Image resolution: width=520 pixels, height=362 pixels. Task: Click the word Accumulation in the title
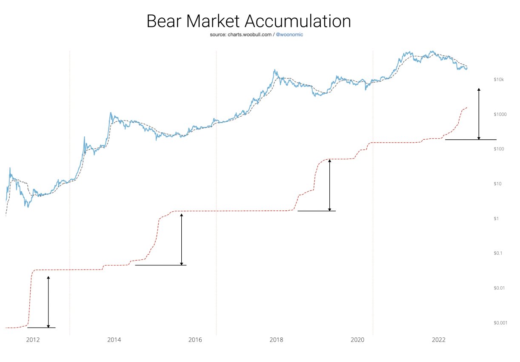pos(302,21)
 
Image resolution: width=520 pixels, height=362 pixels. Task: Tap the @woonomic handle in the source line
pos(289,34)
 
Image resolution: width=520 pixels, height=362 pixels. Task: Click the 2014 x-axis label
pos(114,339)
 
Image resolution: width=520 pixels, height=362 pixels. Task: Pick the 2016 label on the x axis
pos(195,339)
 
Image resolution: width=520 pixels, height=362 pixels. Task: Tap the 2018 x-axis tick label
pos(277,339)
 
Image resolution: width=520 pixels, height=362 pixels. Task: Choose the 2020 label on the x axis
pos(358,339)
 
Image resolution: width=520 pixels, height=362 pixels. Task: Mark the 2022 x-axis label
pos(439,339)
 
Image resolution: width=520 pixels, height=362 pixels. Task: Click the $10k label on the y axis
pos(499,80)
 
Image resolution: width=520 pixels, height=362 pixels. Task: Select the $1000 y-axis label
pos(500,115)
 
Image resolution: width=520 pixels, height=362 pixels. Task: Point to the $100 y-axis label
pos(499,149)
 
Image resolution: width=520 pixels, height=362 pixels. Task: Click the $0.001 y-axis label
pos(500,322)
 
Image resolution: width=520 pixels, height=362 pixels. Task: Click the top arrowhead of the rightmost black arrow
pos(479,89)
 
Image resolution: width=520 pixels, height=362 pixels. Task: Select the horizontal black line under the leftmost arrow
pos(41,328)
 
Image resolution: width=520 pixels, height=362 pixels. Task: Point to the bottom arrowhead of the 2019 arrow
pos(330,209)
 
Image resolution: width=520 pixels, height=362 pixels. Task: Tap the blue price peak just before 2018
pos(275,70)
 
